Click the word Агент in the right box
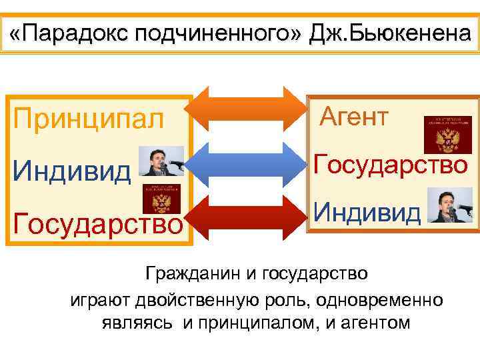tap(353, 117)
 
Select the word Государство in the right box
tap(391, 164)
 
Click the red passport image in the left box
tap(161, 199)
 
